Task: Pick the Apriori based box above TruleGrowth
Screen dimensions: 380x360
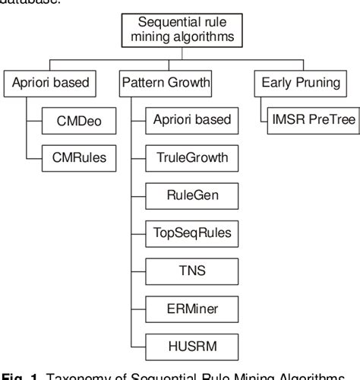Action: (x=191, y=120)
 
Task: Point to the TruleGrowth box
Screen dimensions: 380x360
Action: (x=191, y=157)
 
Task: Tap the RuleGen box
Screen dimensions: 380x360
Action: (x=191, y=194)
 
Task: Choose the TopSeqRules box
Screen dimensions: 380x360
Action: (x=191, y=231)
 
